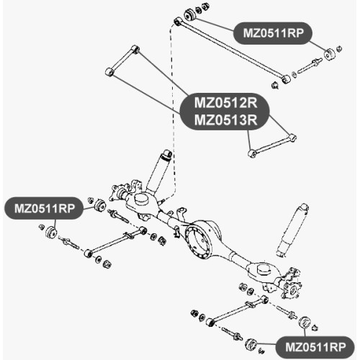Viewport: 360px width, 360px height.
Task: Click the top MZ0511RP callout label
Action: tap(273, 33)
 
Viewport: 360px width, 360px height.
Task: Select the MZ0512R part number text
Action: tap(225, 103)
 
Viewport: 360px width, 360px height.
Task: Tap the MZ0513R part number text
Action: tap(225, 120)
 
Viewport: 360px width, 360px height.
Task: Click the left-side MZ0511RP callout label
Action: tap(44, 208)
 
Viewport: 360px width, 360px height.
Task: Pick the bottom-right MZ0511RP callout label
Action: tap(315, 347)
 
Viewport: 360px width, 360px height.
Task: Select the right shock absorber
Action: tap(292, 230)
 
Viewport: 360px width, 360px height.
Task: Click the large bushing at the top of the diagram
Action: tap(190, 14)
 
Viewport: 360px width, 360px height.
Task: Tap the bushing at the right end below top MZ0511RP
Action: tap(330, 55)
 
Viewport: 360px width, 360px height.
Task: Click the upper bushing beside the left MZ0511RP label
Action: tap(99, 205)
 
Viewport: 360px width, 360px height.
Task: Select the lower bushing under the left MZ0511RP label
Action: tap(51, 232)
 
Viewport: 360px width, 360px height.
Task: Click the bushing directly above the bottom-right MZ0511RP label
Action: tap(305, 322)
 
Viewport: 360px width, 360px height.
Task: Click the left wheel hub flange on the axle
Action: tap(117, 193)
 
